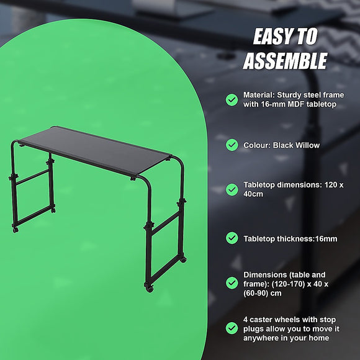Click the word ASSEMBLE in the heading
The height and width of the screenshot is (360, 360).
tap(285, 61)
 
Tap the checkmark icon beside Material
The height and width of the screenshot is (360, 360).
tap(232, 99)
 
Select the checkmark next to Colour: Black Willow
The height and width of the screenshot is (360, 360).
tap(232, 145)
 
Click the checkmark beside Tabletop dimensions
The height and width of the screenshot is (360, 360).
tap(232, 189)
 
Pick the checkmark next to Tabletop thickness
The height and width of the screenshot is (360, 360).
tap(232, 238)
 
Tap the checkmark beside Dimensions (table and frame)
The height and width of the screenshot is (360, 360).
tap(232, 282)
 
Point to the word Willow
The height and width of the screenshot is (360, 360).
tap(307, 145)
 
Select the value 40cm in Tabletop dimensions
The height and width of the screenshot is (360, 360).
tap(253, 194)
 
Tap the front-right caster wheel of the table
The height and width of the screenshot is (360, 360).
tap(148, 289)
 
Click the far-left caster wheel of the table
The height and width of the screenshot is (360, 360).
tap(16, 230)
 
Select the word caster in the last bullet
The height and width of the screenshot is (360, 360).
tap(261, 320)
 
